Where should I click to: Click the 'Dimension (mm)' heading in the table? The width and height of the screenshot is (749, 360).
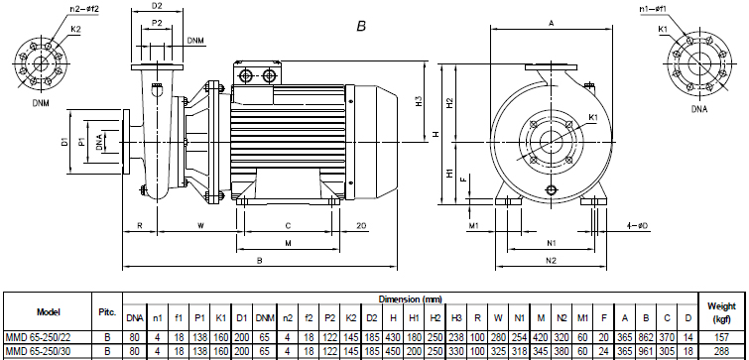[x=418, y=299]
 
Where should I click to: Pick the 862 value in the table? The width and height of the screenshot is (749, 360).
[x=644, y=337]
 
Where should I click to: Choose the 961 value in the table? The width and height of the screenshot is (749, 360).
[x=644, y=352]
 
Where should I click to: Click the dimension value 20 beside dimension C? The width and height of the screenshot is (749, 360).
[x=361, y=225]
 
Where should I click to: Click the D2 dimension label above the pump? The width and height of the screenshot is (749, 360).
[x=157, y=7]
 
